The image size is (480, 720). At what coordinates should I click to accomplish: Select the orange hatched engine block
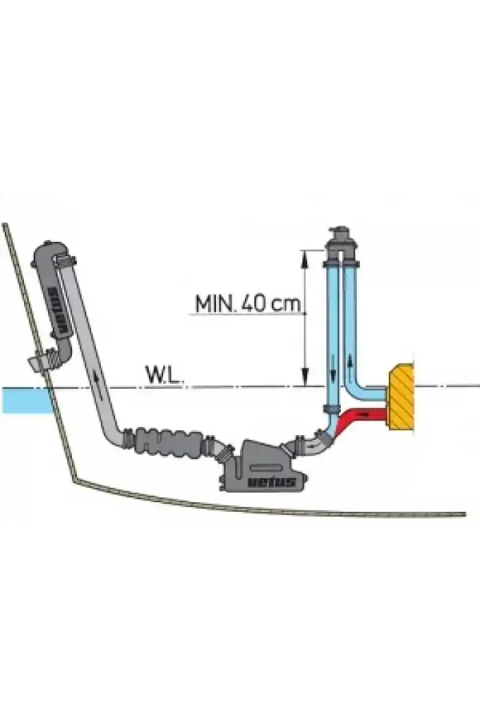[x=401, y=397]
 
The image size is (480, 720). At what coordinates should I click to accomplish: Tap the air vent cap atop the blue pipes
[x=340, y=244]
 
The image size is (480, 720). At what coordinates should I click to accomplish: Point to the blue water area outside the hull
[x=26, y=400]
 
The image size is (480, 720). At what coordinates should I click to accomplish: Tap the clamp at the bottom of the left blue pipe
[x=331, y=409]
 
